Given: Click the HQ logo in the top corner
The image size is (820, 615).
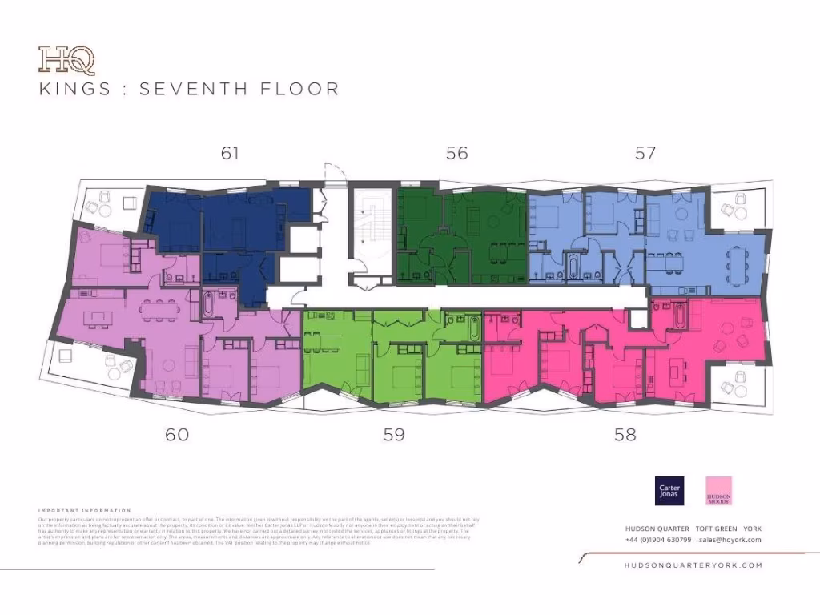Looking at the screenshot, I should click(x=66, y=60).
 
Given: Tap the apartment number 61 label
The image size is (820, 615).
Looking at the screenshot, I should click(x=231, y=153).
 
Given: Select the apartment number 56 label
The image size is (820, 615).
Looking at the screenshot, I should click(x=456, y=153).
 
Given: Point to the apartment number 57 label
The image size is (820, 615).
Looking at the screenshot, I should click(x=645, y=153).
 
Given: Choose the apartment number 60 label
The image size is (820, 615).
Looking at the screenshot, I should click(x=177, y=435).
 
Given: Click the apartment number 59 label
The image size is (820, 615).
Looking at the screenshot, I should click(x=394, y=435).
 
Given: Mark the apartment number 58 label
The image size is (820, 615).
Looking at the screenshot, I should click(x=625, y=435).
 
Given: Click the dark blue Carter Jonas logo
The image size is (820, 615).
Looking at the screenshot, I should click(x=669, y=491).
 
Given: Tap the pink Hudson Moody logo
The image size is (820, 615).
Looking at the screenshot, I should click(x=718, y=491).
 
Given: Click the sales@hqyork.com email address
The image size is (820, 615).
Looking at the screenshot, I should click(x=730, y=540).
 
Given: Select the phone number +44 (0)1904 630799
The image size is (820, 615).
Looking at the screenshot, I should click(x=657, y=540).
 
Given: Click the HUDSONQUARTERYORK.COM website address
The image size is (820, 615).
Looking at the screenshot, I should click(x=693, y=565).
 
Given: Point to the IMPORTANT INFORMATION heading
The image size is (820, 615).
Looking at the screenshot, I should click(x=85, y=510).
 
